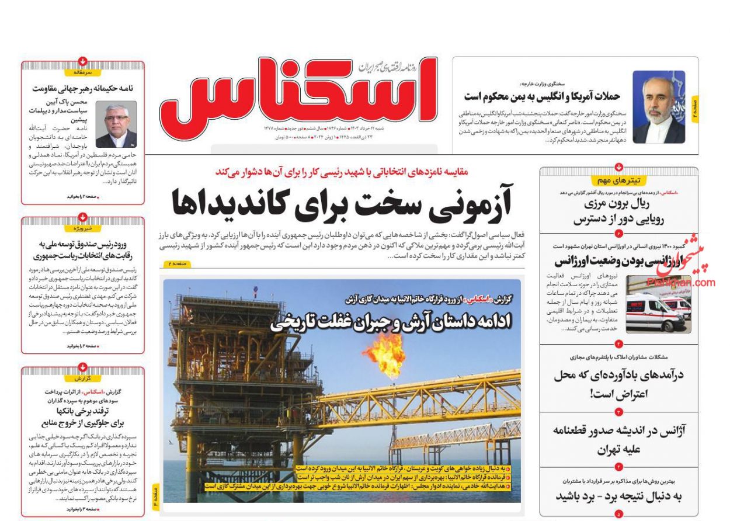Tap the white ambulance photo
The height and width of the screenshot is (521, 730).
[x=658, y=304]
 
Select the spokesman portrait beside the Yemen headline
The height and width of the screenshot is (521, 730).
[x=659, y=107]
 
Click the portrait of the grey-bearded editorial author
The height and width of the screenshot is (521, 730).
[x=116, y=124]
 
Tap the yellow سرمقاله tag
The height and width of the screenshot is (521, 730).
[x=82, y=72]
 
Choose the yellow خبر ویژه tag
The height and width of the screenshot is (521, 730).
[x=82, y=228]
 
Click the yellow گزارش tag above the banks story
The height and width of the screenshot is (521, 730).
[x=82, y=378]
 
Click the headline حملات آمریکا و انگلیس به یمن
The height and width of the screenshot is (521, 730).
[x=542, y=96]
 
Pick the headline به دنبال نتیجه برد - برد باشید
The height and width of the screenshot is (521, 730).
[x=618, y=496]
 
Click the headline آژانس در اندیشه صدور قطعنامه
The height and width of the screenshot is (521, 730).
[x=618, y=440]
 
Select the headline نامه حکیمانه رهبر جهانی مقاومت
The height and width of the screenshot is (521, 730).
[x=83, y=89]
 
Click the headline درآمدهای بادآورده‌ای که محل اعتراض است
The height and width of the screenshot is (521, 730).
[x=618, y=384]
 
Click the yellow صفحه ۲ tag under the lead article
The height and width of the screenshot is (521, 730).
[x=177, y=265]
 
